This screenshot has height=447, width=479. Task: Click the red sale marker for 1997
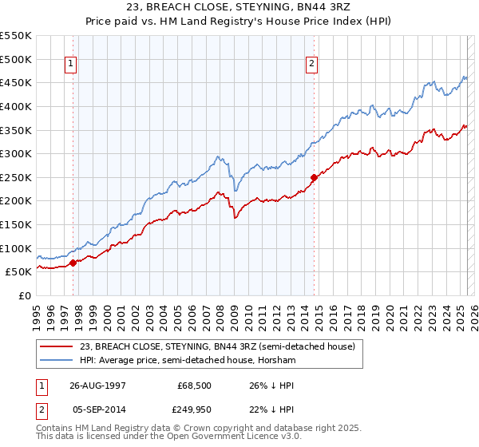point(73,262)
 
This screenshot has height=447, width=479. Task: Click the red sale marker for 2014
point(314,177)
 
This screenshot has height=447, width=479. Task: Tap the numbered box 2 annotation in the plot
point(311,65)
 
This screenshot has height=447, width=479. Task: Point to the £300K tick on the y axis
point(16,153)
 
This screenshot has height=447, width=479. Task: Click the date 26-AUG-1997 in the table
point(97,385)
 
